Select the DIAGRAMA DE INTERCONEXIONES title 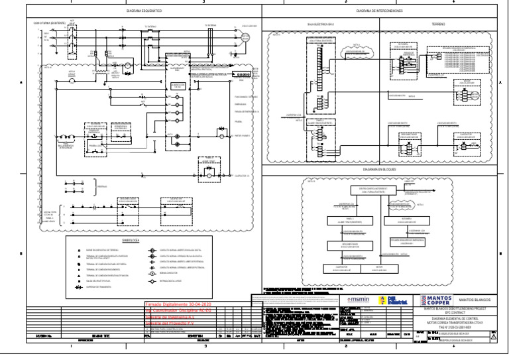(379, 11)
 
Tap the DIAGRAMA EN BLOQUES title (379, 170)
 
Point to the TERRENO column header (438, 23)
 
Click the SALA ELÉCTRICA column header (321, 23)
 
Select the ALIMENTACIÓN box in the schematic (176, 86)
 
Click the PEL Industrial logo (398, 300)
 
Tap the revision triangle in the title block (492, 337)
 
